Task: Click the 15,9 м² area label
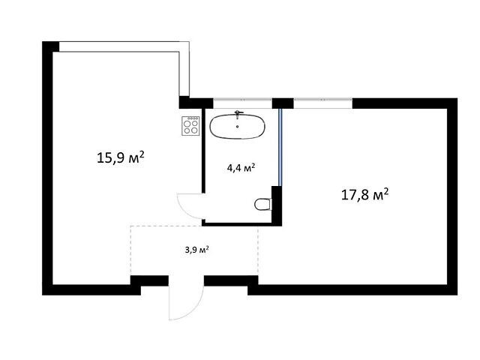120,157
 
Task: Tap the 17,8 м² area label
365,194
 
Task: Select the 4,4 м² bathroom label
241,168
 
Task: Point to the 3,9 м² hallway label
196,250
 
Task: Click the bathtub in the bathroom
237,127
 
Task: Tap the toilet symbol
263,204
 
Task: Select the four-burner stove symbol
190,126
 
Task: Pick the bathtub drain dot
237,127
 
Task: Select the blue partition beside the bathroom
280,147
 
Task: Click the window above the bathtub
242,100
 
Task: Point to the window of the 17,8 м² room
323,100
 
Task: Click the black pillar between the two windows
283,103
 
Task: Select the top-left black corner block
50,46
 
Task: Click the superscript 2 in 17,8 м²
386,191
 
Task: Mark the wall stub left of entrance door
150,280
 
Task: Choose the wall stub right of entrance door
231,280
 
